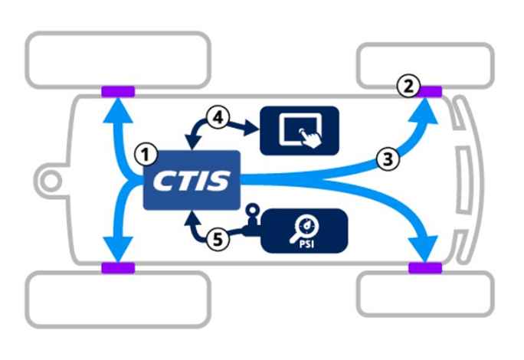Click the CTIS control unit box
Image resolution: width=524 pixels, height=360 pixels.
192,180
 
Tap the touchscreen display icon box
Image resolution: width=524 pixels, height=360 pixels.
299,129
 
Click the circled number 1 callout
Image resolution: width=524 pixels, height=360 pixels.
141,153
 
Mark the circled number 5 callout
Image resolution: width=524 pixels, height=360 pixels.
218,239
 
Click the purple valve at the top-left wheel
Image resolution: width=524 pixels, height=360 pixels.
118,92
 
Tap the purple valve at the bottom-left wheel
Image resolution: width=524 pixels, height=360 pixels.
118,268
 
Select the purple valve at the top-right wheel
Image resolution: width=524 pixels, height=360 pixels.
427,91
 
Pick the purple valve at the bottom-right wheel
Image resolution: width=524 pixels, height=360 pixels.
424,268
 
